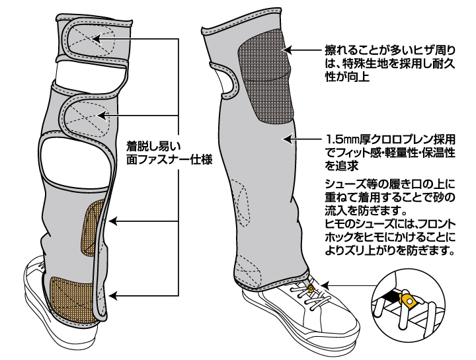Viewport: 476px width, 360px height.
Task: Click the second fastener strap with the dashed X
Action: coord(86,116)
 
